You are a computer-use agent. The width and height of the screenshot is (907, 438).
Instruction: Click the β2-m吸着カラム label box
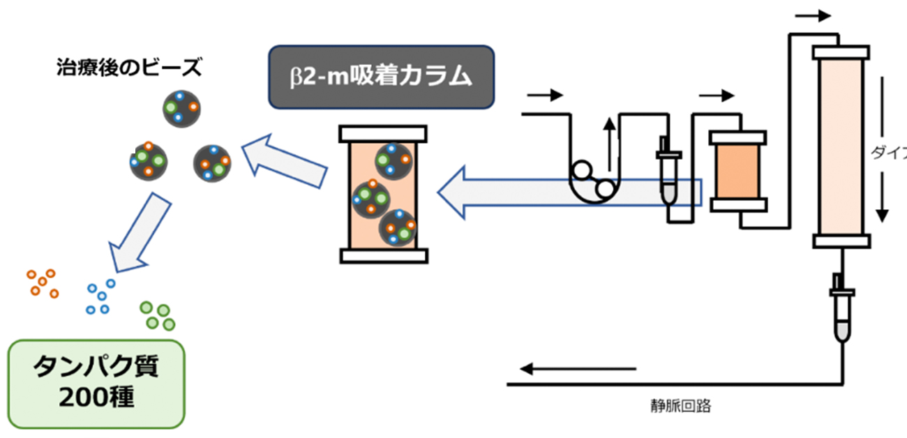pos(382,77)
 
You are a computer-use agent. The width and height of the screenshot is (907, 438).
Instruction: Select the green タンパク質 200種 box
pos(96,383)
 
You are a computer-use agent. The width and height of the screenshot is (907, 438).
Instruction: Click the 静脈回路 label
pos(680,406)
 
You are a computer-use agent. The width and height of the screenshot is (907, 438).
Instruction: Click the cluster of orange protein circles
pos(43,282)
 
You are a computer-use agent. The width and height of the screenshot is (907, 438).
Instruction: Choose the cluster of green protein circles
pos(158,315)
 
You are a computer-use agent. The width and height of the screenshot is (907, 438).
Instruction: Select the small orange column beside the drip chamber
pos(737,171)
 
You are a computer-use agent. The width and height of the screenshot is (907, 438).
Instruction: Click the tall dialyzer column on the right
pos(841,146)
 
